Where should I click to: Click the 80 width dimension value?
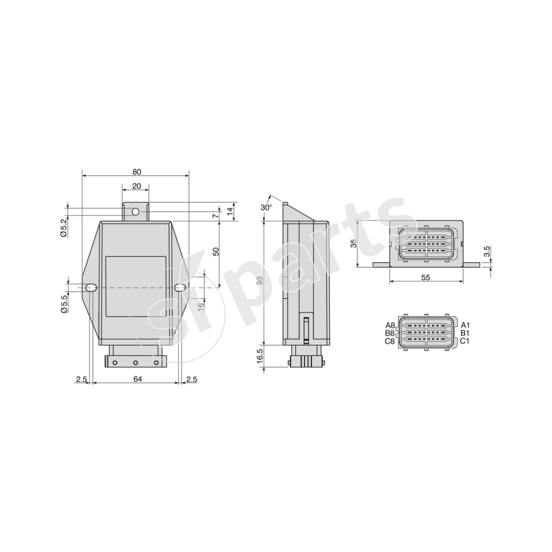(x=136, y=171)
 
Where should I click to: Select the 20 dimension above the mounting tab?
(x=136, y=187)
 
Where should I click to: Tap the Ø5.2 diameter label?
(x=63, y=227)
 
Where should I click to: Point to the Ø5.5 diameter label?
(x=63, y=304)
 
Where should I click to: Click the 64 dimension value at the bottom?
(x=137, y=379)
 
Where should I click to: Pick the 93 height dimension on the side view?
(x=259, y=281)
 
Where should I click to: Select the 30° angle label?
(x=266, y=207)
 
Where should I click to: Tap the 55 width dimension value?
(x=425, y=277)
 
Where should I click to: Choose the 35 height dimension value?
(x=353, y=244)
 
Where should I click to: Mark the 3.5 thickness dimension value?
(x=486, y=252)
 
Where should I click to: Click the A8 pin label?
(x=390, y=325)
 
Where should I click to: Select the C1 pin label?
(x=465, y=341)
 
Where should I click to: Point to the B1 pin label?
(x=465, y=333)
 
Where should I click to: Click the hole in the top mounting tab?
(x=136, y=211)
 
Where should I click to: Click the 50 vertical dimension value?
(x=216, y=252)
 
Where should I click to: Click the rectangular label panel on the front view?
(x=136, y=286)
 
